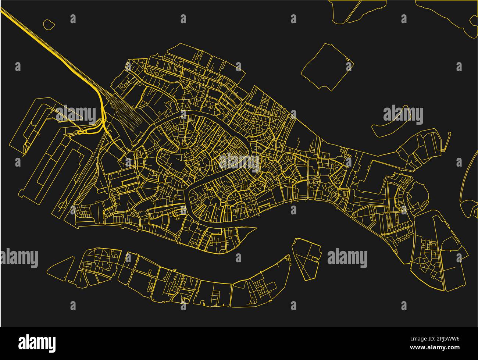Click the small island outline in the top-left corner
[x=49, y=25]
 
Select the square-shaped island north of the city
[x=327, y=67]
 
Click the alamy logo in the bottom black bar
[x=37, y=343]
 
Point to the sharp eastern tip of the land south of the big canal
[x=255, y=229]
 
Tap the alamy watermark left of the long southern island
[x=19, y=258]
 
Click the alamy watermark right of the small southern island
[x=347, y=258]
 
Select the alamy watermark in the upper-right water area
[x=403, y=115]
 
